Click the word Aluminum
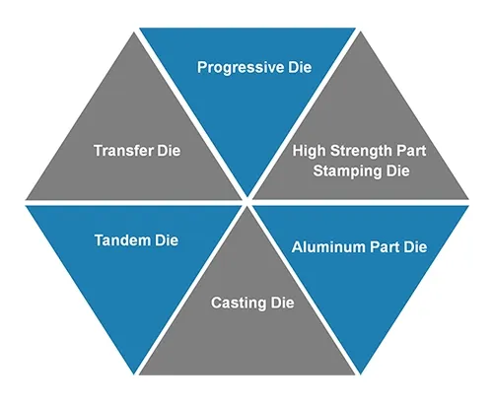click(327, 245)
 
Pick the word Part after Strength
click(411, 151)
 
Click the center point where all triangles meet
click(246, 203)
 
